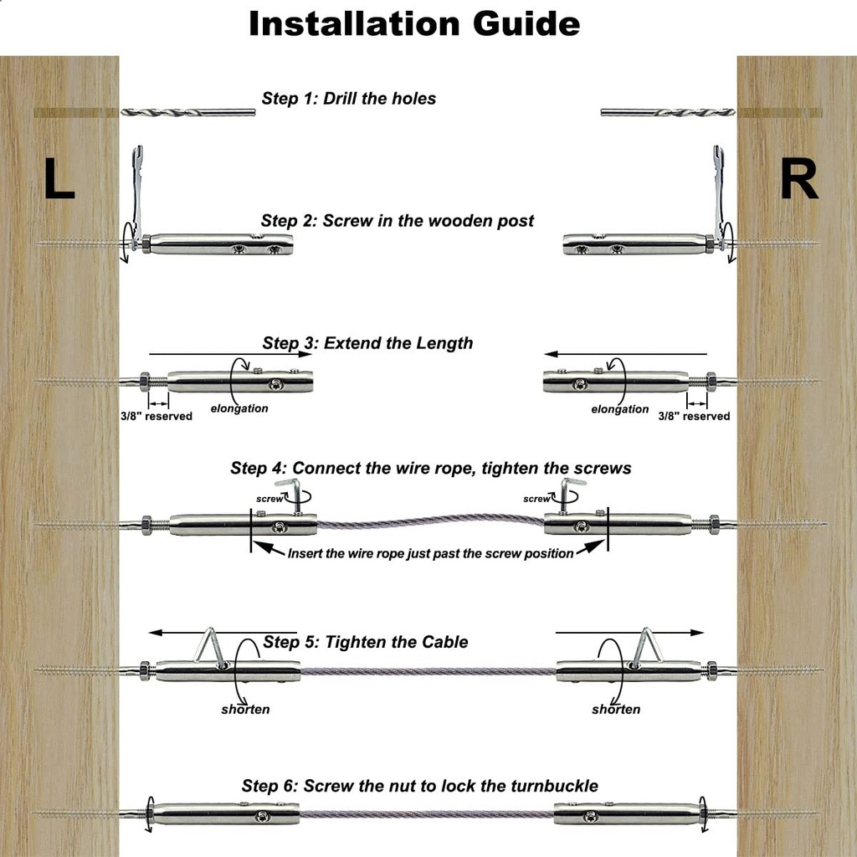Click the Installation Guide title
414,23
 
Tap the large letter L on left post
59,179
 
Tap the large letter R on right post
798,179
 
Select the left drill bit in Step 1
187,111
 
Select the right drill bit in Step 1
667,111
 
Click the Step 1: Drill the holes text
349,98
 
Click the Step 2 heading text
397,221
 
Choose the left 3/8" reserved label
156,416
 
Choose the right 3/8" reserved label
694,416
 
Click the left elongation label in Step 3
239,408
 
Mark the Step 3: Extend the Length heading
367,343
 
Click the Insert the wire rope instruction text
430,553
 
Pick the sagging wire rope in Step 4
430,522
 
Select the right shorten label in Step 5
616,709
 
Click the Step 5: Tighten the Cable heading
365,642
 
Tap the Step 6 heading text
419,786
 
